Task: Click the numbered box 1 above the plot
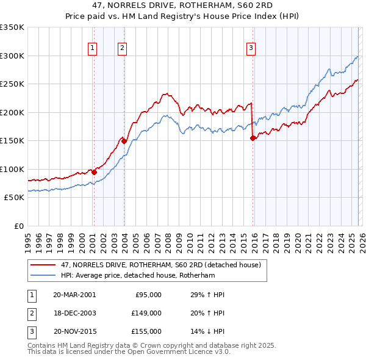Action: click(x=92, y=48)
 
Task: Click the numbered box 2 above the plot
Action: click(x=122, y=48)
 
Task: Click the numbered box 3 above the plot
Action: click(x=251, y=48)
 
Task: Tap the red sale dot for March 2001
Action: click(x=94, y=172)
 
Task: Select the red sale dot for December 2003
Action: click(x=124, y=141)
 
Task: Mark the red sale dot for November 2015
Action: click(x=253, y=138)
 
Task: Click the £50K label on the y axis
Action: click(x=13, y=198)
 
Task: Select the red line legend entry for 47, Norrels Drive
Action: click(x=161, y=265)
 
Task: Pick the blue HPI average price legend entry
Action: click(x=146, y=276)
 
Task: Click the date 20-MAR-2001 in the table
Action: click(x=74, y=295)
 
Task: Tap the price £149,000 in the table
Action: click(x=146, y=313)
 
